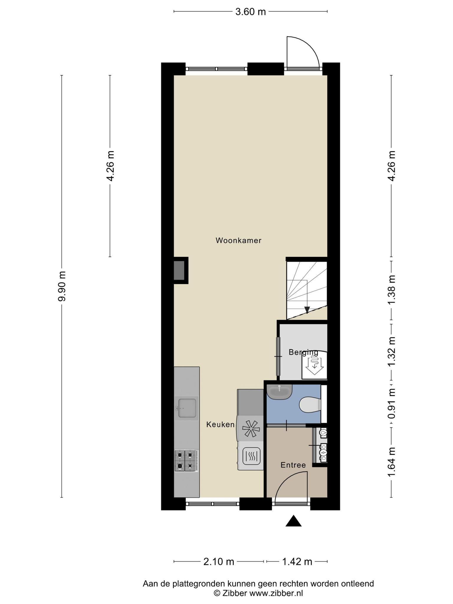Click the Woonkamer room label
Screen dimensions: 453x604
[238, 241]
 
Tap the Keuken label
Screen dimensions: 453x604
[220, 425]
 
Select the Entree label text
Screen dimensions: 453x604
[293, 465]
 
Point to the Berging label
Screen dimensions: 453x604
[303, 352]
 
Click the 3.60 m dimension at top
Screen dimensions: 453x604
[250, 12]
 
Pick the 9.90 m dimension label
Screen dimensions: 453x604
[62, 286]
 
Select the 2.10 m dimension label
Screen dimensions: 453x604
[219, 562]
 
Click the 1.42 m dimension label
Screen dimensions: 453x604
[297, 562]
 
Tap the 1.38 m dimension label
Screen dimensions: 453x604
[391, 290]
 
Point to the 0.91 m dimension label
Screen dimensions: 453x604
[391, 404]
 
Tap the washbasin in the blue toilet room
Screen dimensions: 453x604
[279, 392]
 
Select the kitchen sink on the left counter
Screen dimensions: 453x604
[187, 408]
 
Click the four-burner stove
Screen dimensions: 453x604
[186, 460]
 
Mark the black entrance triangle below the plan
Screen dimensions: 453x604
[293, 521]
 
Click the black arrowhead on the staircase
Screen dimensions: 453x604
[307, 310]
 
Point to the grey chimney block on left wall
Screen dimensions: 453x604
[179, 270]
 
